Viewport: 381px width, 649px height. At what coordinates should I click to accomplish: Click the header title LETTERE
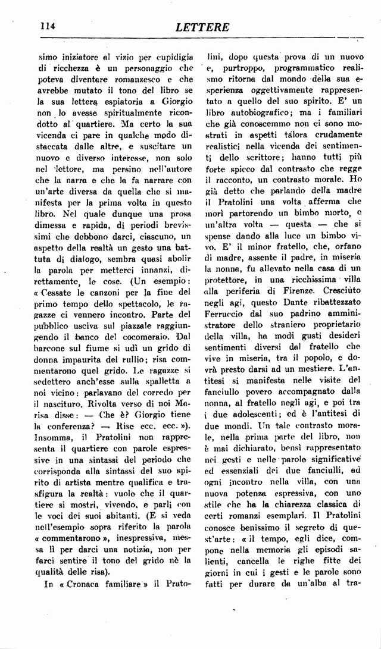202,27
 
